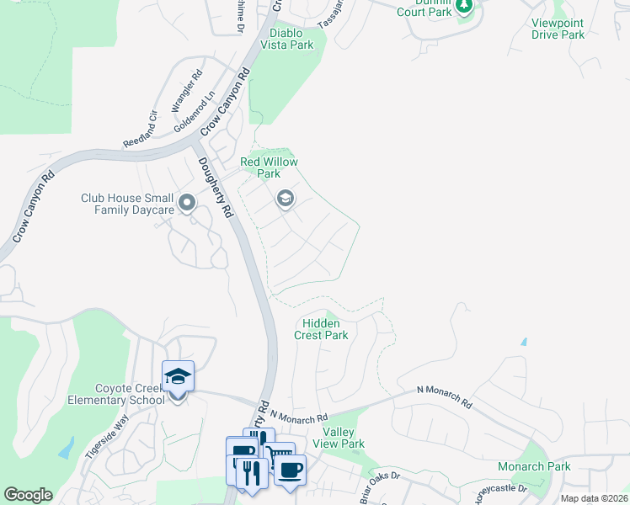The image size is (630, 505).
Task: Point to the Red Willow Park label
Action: tap(269, 167)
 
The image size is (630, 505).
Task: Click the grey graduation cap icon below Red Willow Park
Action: tap(285, 199)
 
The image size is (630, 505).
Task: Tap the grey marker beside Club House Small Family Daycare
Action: tap(187, 203)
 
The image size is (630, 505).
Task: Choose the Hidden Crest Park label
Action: tap(321, 329)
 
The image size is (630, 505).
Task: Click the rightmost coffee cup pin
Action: tap(290, 470)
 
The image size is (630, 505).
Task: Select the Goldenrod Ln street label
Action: tap(195, 112)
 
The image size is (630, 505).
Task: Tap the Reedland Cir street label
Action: tap(141, 129)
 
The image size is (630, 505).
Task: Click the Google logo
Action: tap(28, 495)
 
